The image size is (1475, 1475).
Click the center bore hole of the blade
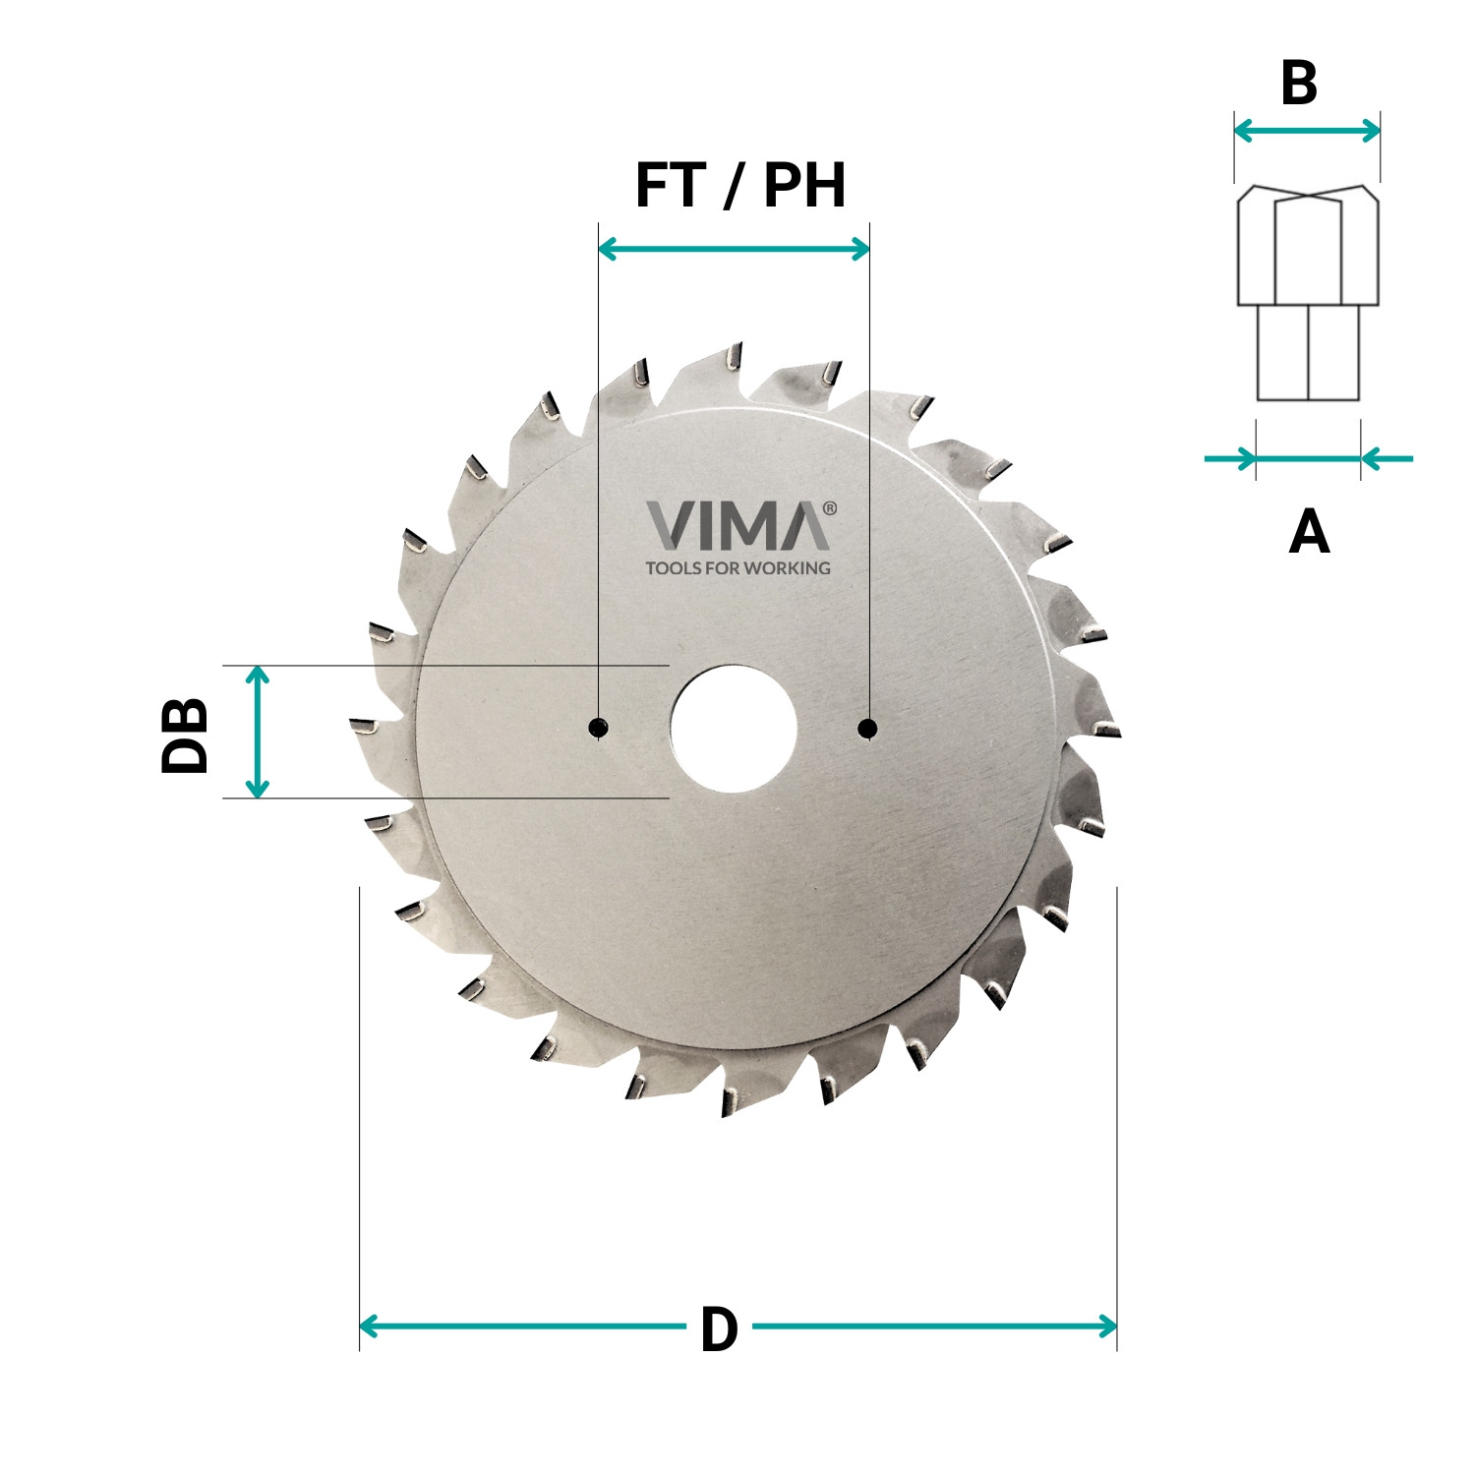pos(734,729)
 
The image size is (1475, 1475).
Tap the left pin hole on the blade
pos(598,728)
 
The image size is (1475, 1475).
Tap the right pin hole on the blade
pos(867,728)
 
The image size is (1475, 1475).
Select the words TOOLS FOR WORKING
pos(737,568)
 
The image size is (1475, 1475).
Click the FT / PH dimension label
pos(739,185)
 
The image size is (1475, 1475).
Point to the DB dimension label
pos(185,735)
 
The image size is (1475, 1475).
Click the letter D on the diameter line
pos(719,1330)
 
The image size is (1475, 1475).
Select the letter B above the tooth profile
pos(1299,85)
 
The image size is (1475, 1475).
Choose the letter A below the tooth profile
pos(1309,532)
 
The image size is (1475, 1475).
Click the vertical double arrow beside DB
pos(258,732)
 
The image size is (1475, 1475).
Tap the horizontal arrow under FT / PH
pos(734,249)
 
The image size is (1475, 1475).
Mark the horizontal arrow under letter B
pos(1307,130)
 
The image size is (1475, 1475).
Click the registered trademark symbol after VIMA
pos(829,508)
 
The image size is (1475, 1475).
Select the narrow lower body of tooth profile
pos(1308,352)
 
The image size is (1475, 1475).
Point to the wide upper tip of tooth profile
pos(1308,246)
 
